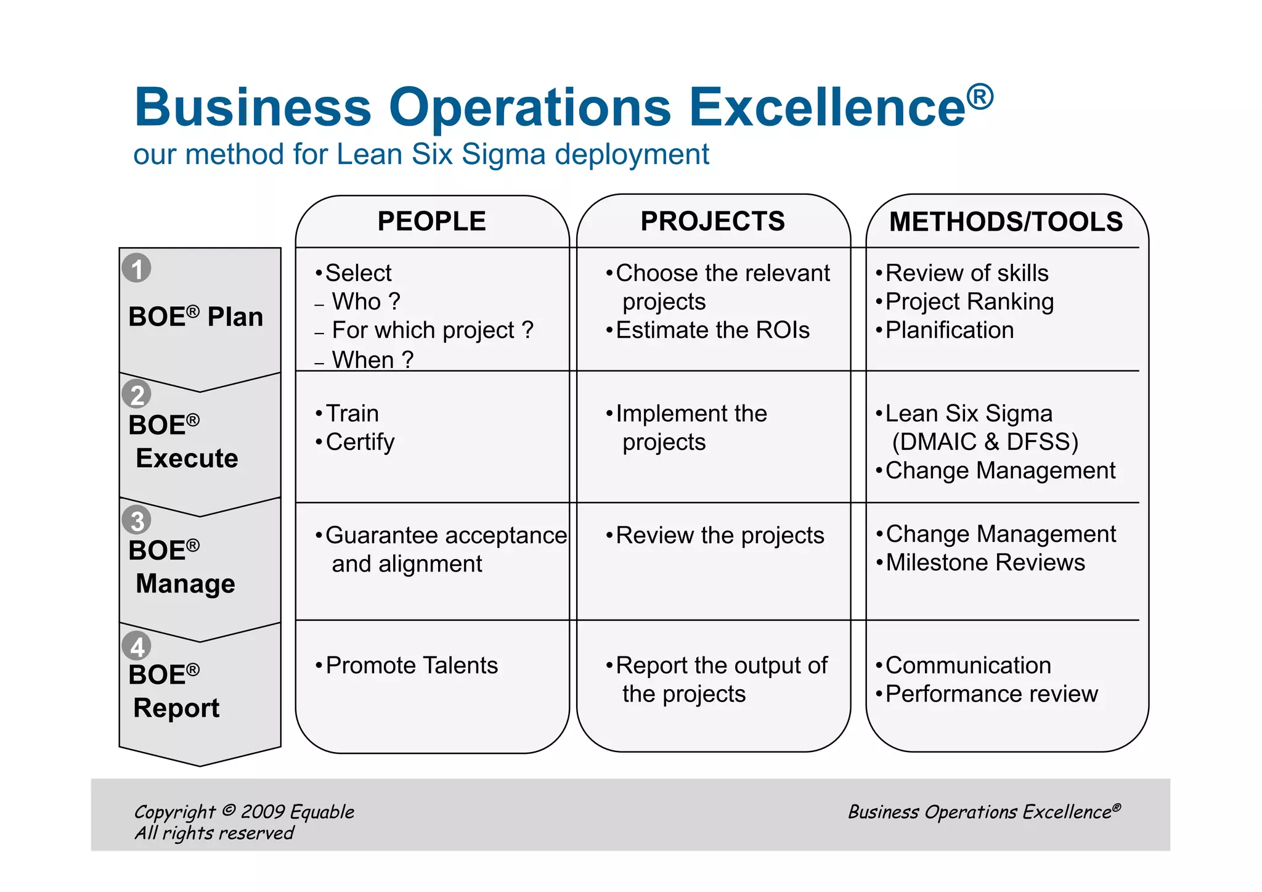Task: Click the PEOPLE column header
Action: click(x=431, y=221)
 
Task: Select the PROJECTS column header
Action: click(x=712, y=221)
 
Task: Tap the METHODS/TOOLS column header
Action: click(x=1006, y=222)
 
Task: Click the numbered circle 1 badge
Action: click(x=137, y=268)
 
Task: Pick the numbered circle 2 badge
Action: click(x=137, y=395)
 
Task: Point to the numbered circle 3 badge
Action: click(x=137, y=520)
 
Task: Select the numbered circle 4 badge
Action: click(x=137, y=647)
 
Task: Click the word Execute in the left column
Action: click(x=187, y=459)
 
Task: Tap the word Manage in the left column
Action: click(x=185, y=584)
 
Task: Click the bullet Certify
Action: click(x=360, y=442)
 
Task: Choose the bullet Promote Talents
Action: click(x=411, y=666)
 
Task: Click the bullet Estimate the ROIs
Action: click(x=712, y=330)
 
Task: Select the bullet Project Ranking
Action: click(x=969, y=302)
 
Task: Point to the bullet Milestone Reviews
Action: click(x=985, y=563)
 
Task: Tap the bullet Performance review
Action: click(x=991, y=694)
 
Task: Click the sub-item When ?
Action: click(x=372, y=359)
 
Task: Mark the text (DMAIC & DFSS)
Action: click(x=985, y=442)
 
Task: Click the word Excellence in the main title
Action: click(x=827, y=107)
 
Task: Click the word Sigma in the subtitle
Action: click(x=503, y=154)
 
